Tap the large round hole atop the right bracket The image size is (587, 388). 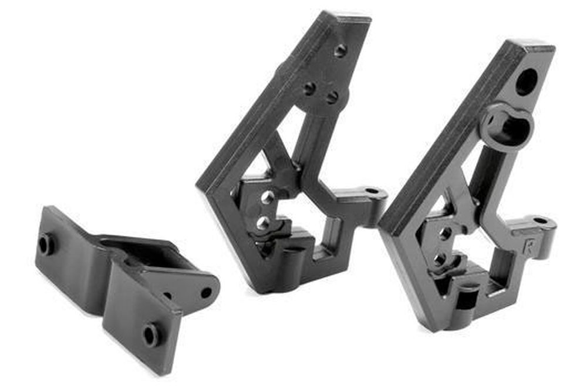tap(526, 82)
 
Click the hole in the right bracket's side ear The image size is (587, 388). tap(540, 222)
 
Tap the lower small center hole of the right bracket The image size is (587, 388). tap(441, 259)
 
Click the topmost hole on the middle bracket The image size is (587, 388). tap(340, 51)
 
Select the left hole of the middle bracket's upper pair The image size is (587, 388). tap(309, 88)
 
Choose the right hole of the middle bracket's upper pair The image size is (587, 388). tap(332, 97)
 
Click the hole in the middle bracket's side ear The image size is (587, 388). tap(372, 191)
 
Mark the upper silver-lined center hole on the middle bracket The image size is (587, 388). tap(268, 198)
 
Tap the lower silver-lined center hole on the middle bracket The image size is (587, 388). tap(264, 223)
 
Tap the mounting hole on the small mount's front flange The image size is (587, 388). tap(151, 335)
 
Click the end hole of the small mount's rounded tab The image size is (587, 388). tap(206, 292)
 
